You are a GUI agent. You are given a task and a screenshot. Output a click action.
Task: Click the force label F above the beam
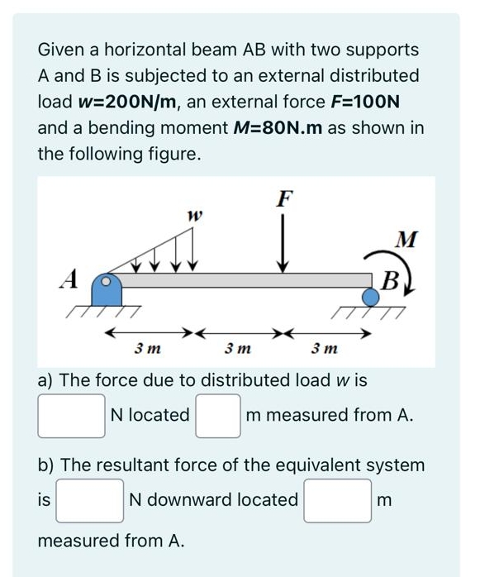click(284, 198)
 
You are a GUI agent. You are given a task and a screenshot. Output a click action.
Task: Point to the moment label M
click(405, 241)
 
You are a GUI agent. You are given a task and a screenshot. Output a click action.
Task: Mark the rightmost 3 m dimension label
click(325, 350)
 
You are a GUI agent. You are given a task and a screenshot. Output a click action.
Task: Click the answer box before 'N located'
click(71, 416)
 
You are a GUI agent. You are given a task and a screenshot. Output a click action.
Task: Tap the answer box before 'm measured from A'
click(217, 416)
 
